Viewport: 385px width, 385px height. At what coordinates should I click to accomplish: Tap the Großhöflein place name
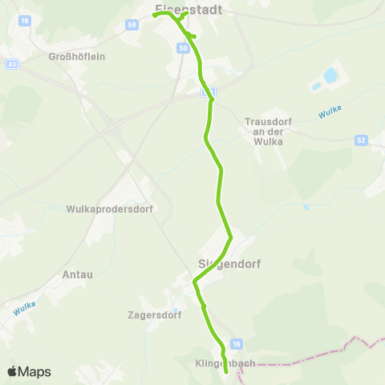tap(77, 57)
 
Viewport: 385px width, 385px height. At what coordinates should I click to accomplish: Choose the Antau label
tap(77, 274)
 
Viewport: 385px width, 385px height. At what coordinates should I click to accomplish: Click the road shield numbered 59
tap(131, 26)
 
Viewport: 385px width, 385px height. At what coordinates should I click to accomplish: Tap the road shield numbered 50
tap(184, 49)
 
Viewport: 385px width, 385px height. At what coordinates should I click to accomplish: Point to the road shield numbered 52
tap(362, 140)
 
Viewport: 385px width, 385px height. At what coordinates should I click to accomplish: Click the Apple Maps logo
tap(29, 371)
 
